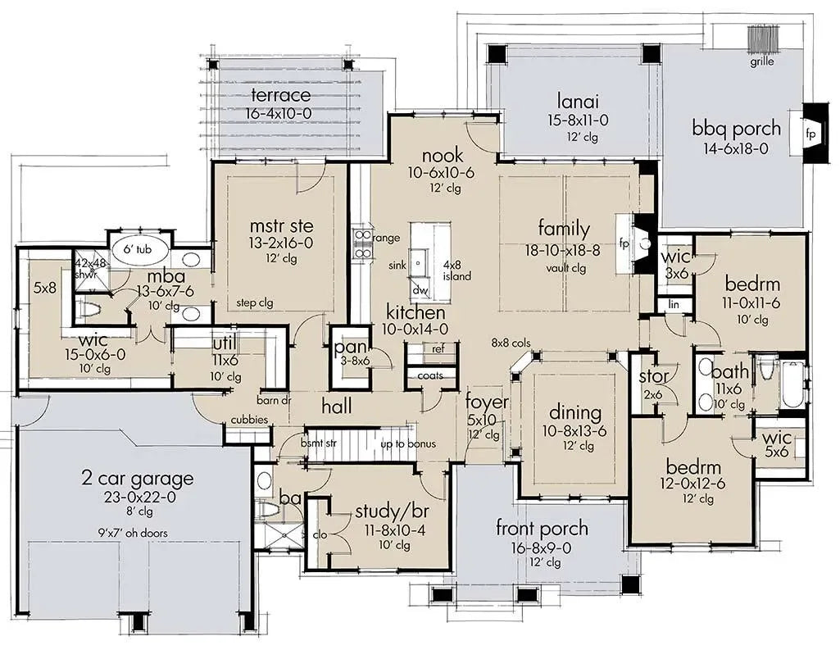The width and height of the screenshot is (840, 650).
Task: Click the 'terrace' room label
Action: pyautogui.click(x=280, y=97)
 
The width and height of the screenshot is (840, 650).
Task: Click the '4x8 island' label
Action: pyautogui.click(x=457, y=271)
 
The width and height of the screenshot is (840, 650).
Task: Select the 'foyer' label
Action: pyautogui.click(x=487, y=402)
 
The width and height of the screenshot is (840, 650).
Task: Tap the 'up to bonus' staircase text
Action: pyautogui.click(x=408, y=444)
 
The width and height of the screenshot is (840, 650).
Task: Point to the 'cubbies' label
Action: pyautogui.click(x=248, y=420)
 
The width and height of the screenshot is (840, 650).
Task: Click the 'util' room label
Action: pyautogui.click(x=224, y=342)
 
